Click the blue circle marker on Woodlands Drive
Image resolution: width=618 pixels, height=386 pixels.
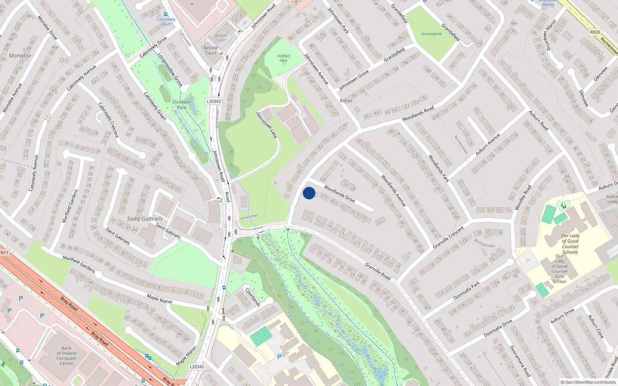pyautogui.click(x=309, y=193)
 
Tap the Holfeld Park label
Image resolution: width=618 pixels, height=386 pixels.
pyautogui.click(x=284, y=58)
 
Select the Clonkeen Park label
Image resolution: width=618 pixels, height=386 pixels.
pyautogui.click(x=182, y=105)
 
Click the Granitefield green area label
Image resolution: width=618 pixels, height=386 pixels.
pyautogui.click(x=431, y=34)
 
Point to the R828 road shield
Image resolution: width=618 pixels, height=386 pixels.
pyautogui.click(x=595, y=32)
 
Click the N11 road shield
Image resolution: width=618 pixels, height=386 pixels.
pyautogui.click(x=4, y=253)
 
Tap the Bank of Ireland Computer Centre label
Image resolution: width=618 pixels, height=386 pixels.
pyautogui.click(x=66, y=356)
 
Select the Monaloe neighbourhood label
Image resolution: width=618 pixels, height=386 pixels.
pyautogui.click(x=20, y=56)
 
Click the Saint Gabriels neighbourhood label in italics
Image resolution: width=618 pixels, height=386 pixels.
pyautogui.click(x=145, y=218)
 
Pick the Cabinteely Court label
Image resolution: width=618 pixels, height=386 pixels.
pyautogui.click(x=166, y=21)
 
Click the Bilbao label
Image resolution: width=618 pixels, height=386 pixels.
pyautogui.click(x=346, y=101)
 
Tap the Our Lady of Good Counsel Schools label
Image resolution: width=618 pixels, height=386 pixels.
pyautogui.click(x=570, y=244)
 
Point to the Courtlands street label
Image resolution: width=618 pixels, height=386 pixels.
pyautogui.click(x=253, y=297)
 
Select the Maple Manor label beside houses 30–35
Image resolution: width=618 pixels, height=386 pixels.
pyautogui.click(x=160, y=298)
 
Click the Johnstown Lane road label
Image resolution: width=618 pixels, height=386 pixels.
pyautogui.click(x=267, y=125)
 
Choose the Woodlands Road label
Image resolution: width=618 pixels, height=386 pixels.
pyautogui.click(x=418, y=114)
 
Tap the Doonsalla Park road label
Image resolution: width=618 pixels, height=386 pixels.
pyautogui.click(x=467, y=291)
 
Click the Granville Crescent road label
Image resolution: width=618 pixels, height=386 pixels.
pyautogui.click(x=448, y=237)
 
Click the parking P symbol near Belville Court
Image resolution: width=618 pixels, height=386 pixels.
pyautogui.click(x=244, y=23)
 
